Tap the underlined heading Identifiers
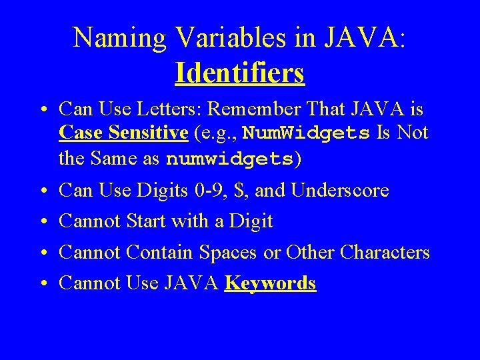pos(240,73)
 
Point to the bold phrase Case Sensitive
pos(123,133)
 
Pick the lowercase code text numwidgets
pos(230,159)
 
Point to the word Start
pos(146,221)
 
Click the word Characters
pos(385,252)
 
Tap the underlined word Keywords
pos(270,283)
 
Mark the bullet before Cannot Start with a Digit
pos(42,221)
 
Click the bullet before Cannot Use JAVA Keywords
pos(42,284)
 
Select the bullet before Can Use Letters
pos(42,109)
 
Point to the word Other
pos(310,252)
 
